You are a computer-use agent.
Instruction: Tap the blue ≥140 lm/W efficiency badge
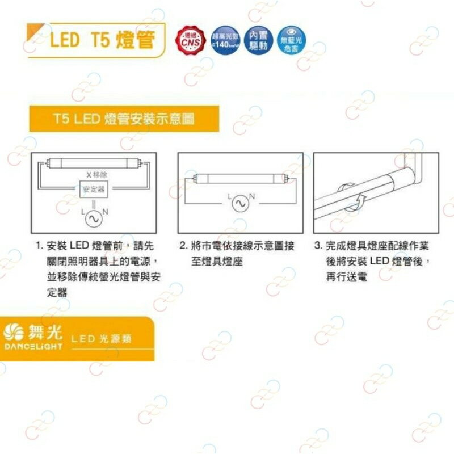(x=225, y=40)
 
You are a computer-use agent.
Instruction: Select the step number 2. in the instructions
(x=183, y=247)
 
